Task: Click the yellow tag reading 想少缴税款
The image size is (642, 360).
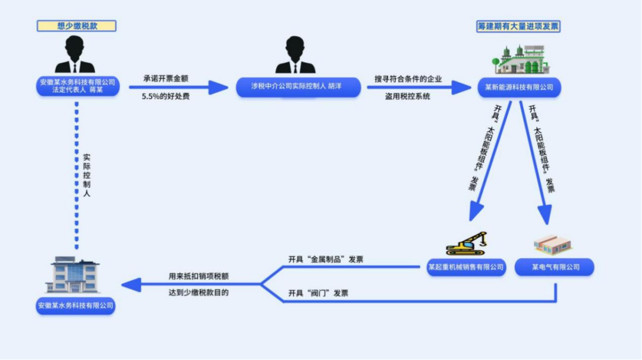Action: click(x=76, y=26)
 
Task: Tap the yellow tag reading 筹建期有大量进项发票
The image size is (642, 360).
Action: click(x=518, y=26)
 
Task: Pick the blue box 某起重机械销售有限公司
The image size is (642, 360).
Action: click(x=466, y=267)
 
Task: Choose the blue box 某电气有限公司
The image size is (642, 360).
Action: click(x=555, y=267)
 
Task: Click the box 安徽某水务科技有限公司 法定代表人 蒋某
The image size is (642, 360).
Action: click(x=77, y=87)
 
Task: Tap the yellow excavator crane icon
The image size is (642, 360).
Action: click(x=467, y=244)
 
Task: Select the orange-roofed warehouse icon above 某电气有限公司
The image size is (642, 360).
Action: click(x=553, y=244)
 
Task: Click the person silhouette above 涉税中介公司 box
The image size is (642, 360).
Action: click(x=295, y=56)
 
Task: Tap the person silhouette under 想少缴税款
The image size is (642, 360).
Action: click(x=75, y=55)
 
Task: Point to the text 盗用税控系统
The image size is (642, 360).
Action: click(x=407, y=96)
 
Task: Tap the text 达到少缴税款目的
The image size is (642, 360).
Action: click(x=199, y=292)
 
